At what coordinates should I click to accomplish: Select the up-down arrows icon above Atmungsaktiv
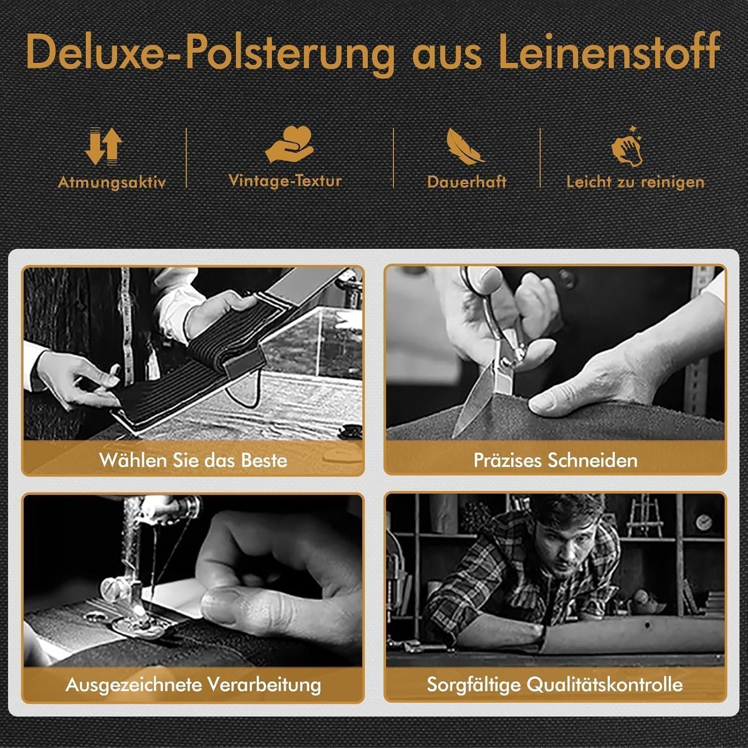(104, 146)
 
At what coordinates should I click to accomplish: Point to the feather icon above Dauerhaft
(465, 146)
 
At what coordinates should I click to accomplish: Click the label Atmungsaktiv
(112, 183)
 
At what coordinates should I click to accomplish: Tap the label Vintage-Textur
(285, 180)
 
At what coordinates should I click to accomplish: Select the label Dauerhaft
(467, 182)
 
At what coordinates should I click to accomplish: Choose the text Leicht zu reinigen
(635, 182)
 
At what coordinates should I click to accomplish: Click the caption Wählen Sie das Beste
(193, 460)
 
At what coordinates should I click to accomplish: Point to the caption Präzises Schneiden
(556, 460)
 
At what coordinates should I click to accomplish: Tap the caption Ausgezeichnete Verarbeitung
(193, 684)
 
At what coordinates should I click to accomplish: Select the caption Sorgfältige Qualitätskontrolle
(555, 684)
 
